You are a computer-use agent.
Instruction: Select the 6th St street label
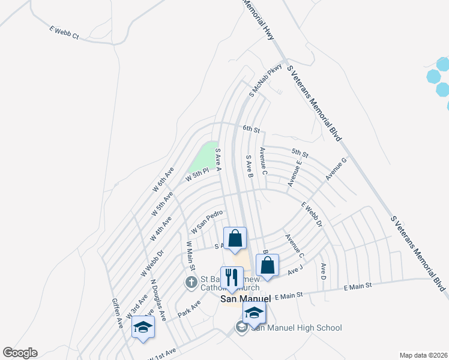(251, 129)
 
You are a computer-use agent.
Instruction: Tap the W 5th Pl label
(197, 174)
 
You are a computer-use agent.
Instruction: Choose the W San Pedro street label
(207, 222)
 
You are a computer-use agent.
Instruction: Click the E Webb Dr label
(312, 214)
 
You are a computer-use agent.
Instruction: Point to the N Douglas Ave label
(158, 298)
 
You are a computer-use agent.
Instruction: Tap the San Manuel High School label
(297, 328)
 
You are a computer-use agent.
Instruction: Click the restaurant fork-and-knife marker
(232, 278)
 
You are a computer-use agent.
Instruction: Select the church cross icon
(191, 281)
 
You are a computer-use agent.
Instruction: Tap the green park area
(204, 157)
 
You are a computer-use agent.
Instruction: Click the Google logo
(20, 353)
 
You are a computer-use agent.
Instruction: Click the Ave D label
(323, 271)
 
